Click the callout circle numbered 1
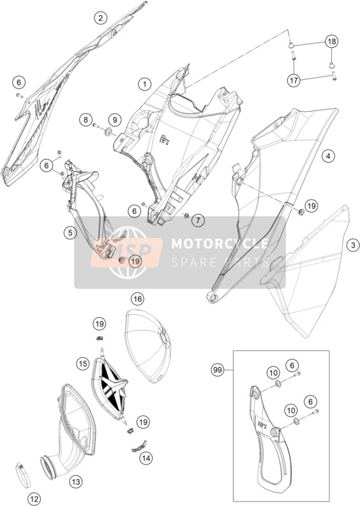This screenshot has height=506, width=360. [x=145, y=85]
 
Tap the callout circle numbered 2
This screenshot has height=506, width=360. [x=100, y=18]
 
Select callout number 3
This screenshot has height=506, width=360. [x=353, y=245]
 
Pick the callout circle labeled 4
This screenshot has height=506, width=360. [x=328, y=156]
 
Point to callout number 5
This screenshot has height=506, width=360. [x=70, y=232]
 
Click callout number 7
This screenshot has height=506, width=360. [x=198, y=221]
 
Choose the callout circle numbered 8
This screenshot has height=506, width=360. [x=86, y=121]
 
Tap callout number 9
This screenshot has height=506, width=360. [x=114, y=121]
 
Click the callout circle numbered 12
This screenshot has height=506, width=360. [x=34, y=499]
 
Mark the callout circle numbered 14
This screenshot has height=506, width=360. [x=146, y=458]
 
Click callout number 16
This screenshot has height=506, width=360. [x=137, y=299]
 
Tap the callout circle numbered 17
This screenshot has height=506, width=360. [x=294, y=80]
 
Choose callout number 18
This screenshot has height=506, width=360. [x=331, y=41]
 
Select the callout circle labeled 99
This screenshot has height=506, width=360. [x=218, y=369]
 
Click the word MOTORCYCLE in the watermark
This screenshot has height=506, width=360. [x=220, y=243]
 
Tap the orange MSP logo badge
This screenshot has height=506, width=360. [x=126, y=251]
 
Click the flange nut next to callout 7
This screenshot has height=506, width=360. [x=186, y=215]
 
